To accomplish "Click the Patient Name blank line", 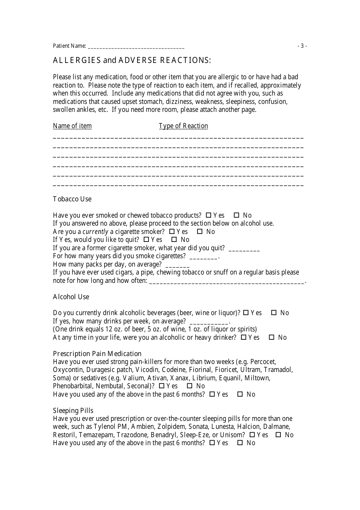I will point(136,47).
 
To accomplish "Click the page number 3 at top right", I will point(302,46).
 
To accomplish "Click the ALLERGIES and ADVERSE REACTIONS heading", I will point(132,60).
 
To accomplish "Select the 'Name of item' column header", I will point(72,126).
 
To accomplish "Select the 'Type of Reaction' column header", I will point(183,126).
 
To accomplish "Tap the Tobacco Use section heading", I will point(72,199).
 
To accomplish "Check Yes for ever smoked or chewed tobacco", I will point(208,215).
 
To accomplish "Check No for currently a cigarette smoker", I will point(200,232).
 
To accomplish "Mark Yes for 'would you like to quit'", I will point(146,240).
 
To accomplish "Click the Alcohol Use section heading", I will point(71,297).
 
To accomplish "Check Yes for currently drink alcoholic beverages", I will point(246,313).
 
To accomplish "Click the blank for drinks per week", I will point(208,322).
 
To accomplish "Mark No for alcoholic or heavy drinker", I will point(271,337).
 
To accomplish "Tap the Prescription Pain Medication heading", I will point(97,354).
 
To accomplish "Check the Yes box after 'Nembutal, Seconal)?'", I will point(162,386).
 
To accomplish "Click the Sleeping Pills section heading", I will point(73,411).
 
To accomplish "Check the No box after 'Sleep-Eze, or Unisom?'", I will point(278,435).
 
